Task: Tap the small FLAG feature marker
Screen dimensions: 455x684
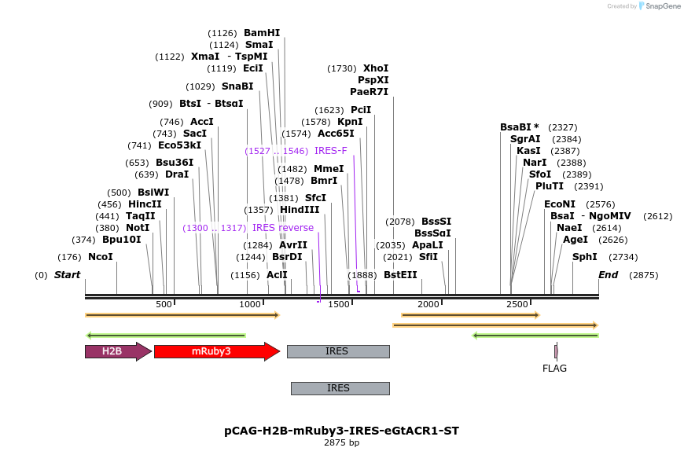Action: pyautogui.click(x=556, y=351)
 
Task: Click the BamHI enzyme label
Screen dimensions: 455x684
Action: pyautogui.click(x=262, y=33)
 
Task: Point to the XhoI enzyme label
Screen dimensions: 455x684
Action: pyautogui.click(x=376, y=68)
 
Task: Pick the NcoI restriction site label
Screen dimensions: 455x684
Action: pyautogui.click(x=100, y=257)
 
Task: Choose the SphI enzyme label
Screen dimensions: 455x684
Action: pyautogui.click(x=585, y=257)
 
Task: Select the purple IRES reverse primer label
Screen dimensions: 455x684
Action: pyautogui.click(x=283, y=228)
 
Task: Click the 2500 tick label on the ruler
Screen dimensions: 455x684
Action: pyautogui.click(x=517, y=304)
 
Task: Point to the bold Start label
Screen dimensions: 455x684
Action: pyautogui.click(x=67, y=275)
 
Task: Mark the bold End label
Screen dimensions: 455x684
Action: pyautogui.click(x=608, y=275)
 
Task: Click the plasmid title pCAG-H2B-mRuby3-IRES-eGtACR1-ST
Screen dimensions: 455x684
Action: pyautogui.click(x=341, y=431)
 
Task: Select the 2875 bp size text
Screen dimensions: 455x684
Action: pyautogui.click(x=341, y=443)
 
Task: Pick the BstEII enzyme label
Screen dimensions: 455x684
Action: pyautogui.click(x=400, y=275)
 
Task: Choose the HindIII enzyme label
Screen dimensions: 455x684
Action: pyautogui.click(x=300, y=210)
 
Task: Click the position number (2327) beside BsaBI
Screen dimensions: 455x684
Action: pyautogui.click(x=563, y=127)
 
